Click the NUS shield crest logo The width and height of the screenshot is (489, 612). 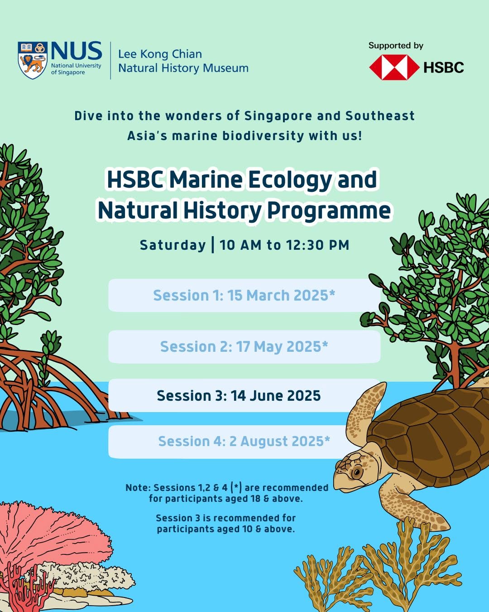33,60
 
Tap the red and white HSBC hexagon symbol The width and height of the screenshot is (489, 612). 394,67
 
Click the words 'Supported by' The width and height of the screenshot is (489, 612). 396,45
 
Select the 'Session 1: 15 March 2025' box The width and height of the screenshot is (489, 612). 244,295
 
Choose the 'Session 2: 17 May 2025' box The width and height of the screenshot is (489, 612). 244,347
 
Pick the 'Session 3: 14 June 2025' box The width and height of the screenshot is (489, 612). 244,395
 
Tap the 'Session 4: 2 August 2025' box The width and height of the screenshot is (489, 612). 227,442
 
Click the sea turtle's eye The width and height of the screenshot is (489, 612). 357,473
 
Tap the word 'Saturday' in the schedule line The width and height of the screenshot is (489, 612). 173,245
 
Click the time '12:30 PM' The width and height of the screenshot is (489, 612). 317,245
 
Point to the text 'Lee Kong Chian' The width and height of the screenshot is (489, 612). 160,54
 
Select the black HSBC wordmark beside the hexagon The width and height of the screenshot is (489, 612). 444,68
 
